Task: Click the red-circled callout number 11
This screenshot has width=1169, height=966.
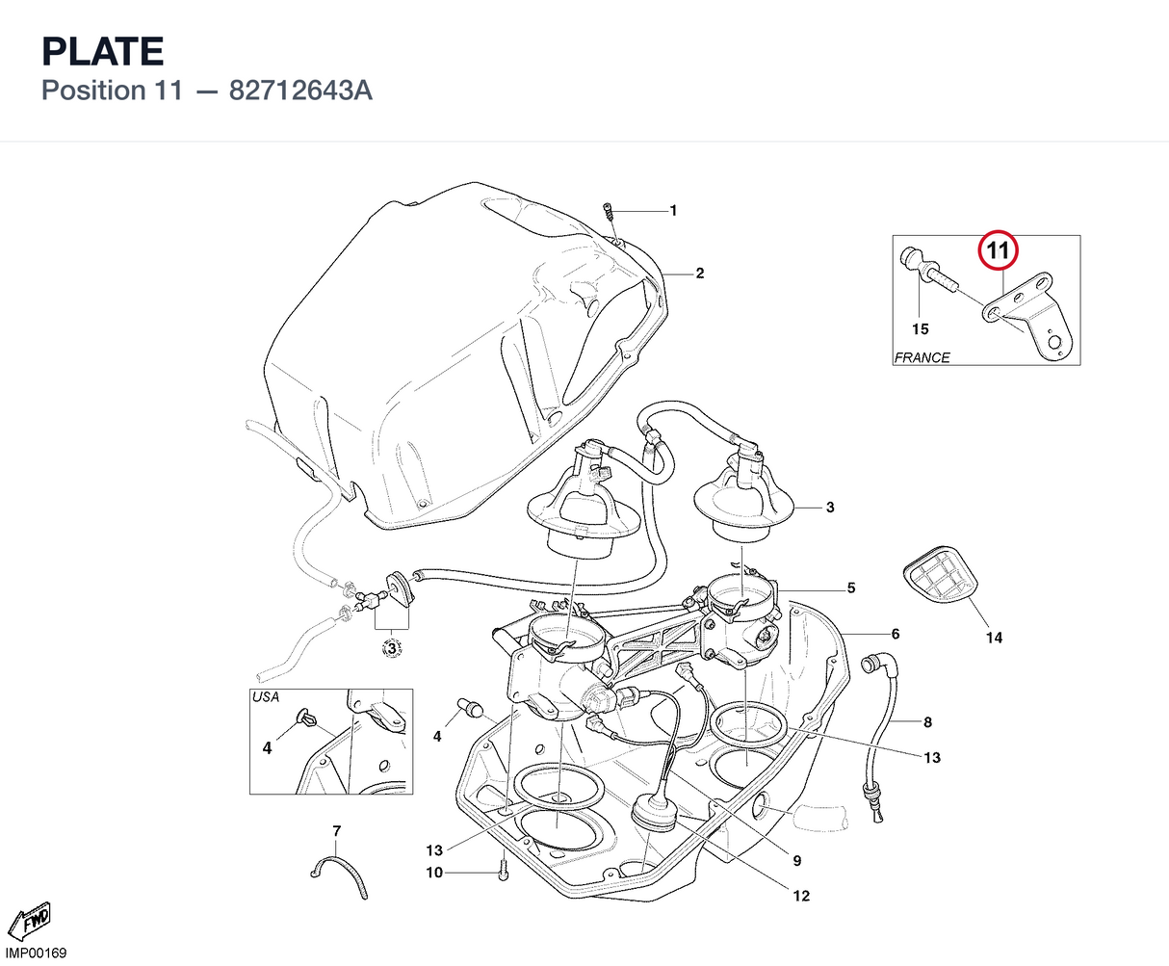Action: (x=998, y=250)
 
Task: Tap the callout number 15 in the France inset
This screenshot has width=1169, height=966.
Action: (x=920, y=329)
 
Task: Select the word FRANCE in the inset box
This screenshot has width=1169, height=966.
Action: (x=922, y=357)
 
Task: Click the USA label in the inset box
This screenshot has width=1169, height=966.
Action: (x=266, y=697)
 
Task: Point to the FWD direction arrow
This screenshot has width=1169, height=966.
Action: (x=30, y=920)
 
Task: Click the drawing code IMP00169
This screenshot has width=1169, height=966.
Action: (x=36, y=953)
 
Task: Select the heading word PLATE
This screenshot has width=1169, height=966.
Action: (x=103, y=51)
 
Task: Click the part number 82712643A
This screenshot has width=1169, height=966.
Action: (x=300, y=91)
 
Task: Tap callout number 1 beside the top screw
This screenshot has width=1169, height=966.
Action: (x=673, y=211)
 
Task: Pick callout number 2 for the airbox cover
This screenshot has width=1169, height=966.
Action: (x=700, y=274)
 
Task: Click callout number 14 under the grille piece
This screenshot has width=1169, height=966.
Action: (x=994, y=638)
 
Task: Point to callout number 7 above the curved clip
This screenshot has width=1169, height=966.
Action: (x=336, y=831)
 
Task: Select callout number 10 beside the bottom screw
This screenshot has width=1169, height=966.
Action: (x=434, y=873)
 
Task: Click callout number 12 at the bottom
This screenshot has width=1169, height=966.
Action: (x=801, y=896)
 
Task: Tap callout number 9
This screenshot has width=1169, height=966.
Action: (x=796, y=861)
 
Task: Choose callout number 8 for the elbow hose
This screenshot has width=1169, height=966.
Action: (x=927, y=722)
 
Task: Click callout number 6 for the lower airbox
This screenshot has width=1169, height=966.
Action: (x=896, y=634)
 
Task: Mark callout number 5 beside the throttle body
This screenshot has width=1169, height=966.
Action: (x=851, y=588)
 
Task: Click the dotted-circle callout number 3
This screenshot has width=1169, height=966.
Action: (x=392, y=648)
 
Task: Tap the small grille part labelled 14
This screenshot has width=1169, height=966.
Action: (x=940, y=574)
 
